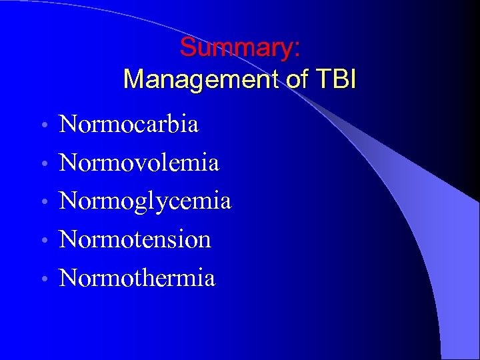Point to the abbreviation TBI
coord(337,80)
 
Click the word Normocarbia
coord(129,124)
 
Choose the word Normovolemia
coord(139,162)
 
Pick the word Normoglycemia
coord(145,201)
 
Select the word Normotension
coord(135,239)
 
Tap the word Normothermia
coord(137,277)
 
